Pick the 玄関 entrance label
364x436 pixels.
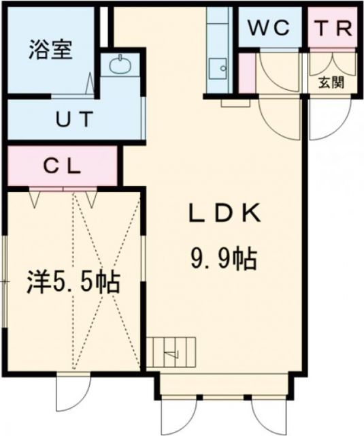pyautogui.click(x=331, y=84)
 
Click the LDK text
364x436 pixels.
pyautogui.click(x=224, y=215)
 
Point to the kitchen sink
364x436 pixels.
pyautogui.click(x=218, y=67)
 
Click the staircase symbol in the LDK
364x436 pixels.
pyautogui.click(x=173, y=352)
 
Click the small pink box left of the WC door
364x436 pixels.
pyautogui.click(x=246, y=72)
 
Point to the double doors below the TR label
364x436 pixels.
pyautogui.click(x=332, y=64)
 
